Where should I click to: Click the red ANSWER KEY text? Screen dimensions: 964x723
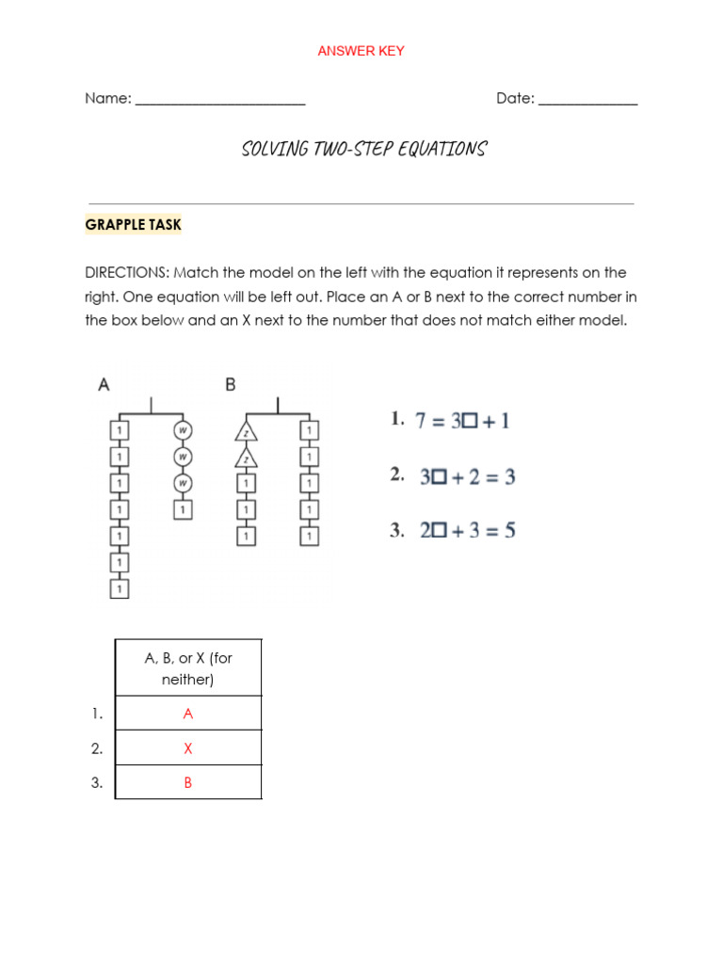click(361, 51)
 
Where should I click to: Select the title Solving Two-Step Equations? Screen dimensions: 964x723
click(363, 150)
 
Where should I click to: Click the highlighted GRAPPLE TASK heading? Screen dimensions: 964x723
click(133, 224)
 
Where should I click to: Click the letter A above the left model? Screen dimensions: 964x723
click(104, 384)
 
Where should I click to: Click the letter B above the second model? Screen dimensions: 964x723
click(231, 384)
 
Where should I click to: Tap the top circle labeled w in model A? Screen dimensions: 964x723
click(184, 431)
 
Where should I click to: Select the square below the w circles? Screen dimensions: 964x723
click(184, 509)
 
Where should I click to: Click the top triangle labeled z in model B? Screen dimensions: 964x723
click(246, 432)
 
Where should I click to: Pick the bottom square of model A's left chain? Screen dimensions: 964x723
click(119, 589)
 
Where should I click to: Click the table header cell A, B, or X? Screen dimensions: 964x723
click(188, 668)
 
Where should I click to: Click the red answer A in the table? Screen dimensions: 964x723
click(188, 714)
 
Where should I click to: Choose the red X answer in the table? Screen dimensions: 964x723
click(188, 748)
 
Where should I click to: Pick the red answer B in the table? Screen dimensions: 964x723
click(188, 782)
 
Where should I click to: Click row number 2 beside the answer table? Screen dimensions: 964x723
click(97, 748)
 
